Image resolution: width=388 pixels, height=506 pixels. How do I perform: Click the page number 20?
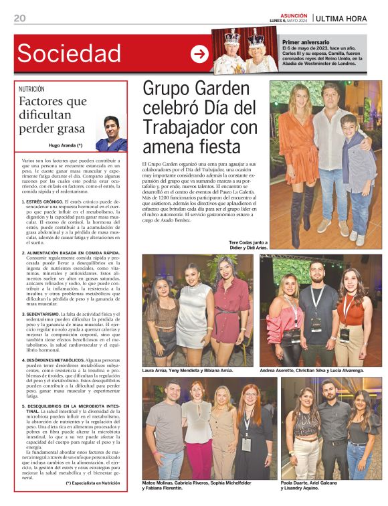(19, 18)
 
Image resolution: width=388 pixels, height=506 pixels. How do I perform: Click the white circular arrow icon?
(199, 54)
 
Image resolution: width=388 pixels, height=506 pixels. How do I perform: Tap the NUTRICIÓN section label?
(32, 88)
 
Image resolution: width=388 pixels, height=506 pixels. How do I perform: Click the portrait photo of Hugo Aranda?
(110, 133)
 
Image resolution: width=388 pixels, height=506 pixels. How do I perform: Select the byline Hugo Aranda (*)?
(66, 145)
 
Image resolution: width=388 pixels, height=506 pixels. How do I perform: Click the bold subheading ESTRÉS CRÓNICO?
(44, 201)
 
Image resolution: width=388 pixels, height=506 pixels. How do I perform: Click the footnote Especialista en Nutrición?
(93, 483)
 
